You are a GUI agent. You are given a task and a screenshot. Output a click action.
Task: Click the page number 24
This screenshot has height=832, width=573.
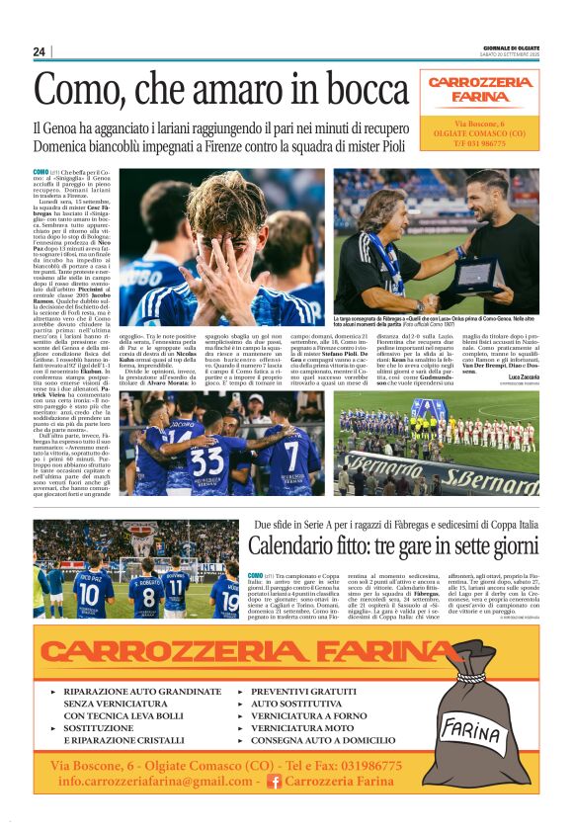40,51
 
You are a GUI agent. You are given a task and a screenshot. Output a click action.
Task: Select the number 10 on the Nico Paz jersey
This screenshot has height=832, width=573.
89,593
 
